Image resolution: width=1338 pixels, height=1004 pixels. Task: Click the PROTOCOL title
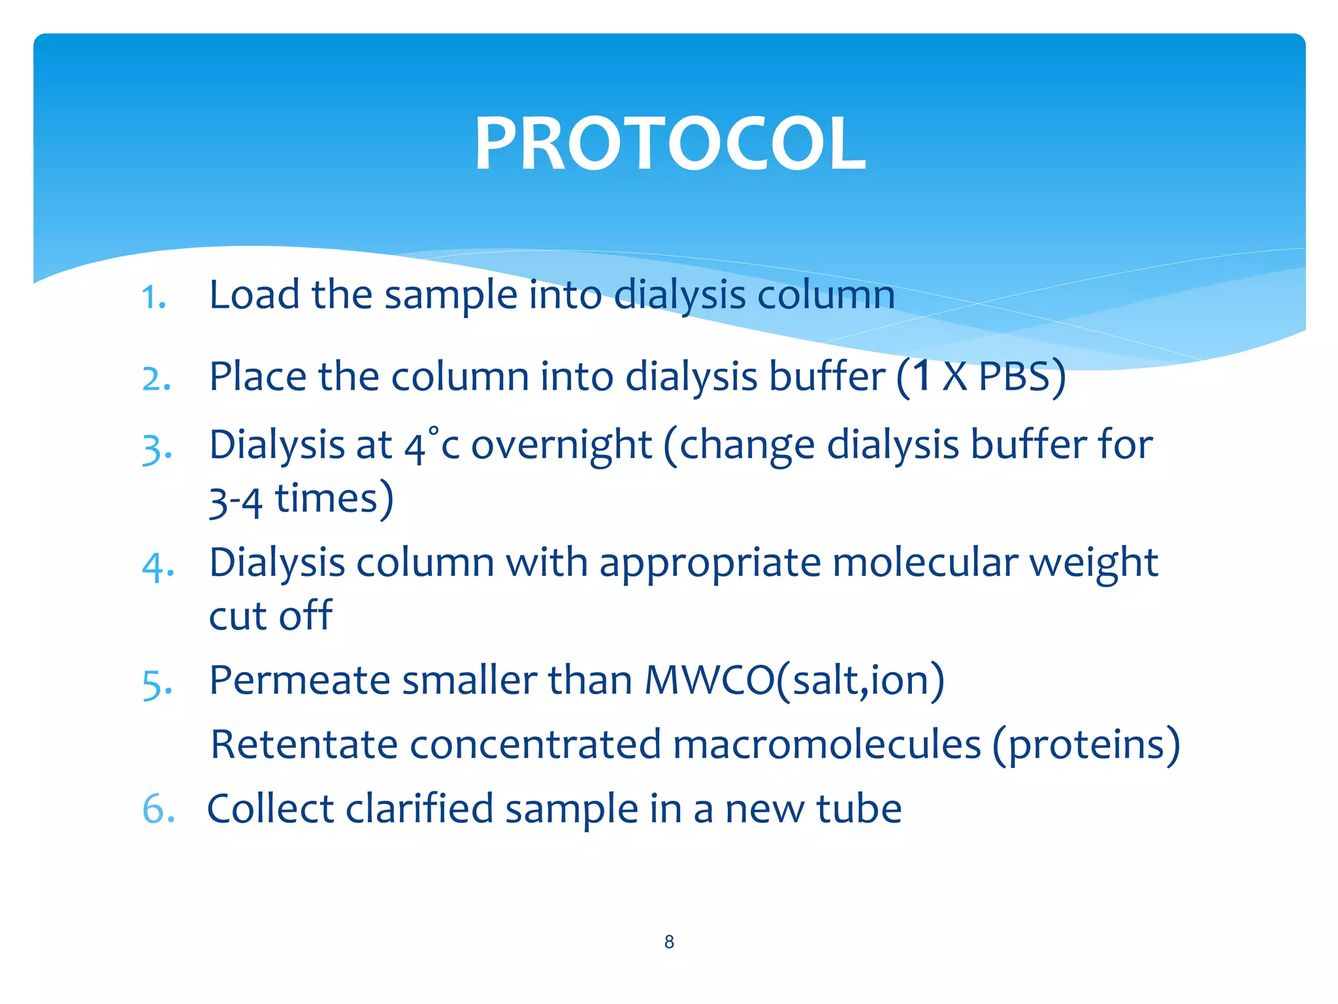(670, 144)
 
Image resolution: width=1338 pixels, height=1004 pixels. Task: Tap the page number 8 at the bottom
(669, 942)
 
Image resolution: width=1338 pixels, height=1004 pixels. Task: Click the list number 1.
(154, 298)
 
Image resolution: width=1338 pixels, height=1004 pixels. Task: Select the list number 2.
(157, 379)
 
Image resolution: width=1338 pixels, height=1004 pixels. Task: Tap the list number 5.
(157, 684)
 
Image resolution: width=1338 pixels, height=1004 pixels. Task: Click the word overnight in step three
(561, 446)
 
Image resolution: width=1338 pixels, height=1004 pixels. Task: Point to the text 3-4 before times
(235, 501)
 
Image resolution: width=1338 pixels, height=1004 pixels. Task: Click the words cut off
(270, 616)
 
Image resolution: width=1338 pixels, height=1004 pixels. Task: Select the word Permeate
(299, 680)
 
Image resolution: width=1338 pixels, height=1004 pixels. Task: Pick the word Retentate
(304, 745)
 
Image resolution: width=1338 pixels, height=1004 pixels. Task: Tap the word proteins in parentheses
(1086, 746)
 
